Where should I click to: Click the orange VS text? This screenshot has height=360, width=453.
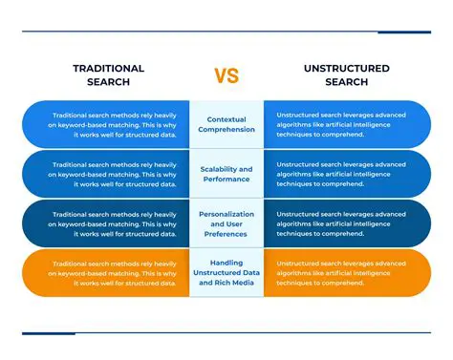point(226,75)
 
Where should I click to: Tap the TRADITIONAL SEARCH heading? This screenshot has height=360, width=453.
point(108,75)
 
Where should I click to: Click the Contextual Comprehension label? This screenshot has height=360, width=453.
point(226,125)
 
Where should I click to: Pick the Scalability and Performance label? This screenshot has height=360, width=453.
point(226,174)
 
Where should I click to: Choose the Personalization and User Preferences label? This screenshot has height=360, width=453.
point(226,223)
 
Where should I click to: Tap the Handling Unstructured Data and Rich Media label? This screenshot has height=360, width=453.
point(226,272)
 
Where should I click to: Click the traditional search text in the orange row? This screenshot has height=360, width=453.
point(114,272)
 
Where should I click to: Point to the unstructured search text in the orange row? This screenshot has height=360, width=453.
point(340,272)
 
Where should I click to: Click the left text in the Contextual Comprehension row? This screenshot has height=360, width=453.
point(114,125)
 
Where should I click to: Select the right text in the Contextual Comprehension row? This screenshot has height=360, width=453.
point(340,125)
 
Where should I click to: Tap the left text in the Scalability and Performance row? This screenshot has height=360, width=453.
point(114,174)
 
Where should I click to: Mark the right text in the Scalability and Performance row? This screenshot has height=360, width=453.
point(340,174)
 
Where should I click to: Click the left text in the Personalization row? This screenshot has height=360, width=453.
point(114,223)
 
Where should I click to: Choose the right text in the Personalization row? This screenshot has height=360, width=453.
point(340,223)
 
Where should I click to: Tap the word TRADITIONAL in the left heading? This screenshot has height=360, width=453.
point(108,69)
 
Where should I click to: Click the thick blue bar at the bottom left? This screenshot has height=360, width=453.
point(48,333)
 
